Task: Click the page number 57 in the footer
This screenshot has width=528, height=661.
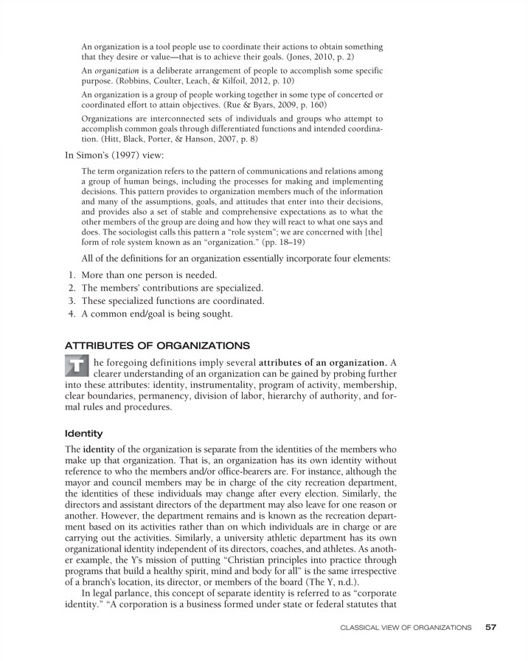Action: (491, 627)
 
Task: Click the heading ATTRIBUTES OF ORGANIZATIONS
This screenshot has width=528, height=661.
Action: (157, 345)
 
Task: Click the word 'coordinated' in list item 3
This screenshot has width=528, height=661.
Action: (235, 301)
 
